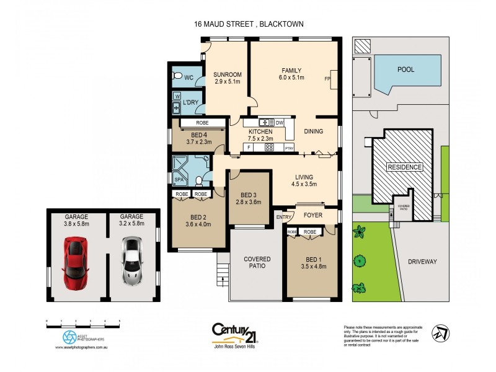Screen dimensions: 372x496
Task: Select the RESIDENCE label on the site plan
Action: [404, 167]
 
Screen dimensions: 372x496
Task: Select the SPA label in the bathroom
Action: [180, 180]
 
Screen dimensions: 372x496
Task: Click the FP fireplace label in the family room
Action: [327, 79]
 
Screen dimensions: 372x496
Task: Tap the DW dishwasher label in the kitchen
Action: [280, 123]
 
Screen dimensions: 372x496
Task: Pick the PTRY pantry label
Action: [288, 149]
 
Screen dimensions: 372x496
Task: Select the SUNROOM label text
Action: [228, 74]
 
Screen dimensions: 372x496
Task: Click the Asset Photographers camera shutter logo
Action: [69, 337]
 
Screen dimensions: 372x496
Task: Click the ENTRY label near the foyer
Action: [283, 216]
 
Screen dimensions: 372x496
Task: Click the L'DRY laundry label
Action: [190, 102]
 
